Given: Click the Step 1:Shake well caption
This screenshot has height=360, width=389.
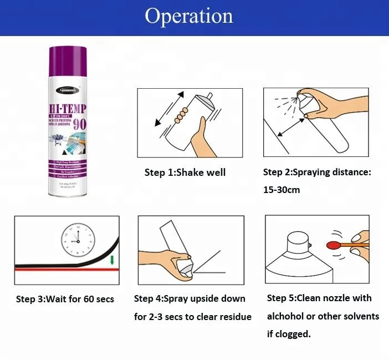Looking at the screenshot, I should (x=185, y=173).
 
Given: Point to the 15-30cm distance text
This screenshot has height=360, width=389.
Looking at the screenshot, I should (x=281, y=190).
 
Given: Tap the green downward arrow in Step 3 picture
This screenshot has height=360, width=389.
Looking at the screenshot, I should (x=112, y=259).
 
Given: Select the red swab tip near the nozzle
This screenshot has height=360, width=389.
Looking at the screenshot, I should (x=334, y=244).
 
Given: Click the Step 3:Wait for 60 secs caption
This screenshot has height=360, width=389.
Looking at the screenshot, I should (x=65, y=300).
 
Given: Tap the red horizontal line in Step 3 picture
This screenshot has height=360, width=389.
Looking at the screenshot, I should (x=61, y=267).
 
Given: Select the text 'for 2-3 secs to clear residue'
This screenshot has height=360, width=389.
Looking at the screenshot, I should (x=192, y=317).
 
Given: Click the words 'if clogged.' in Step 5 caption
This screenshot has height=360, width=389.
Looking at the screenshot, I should (x=289, y=334).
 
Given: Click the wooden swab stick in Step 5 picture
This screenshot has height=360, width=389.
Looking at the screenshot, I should (x=355, y=244).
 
